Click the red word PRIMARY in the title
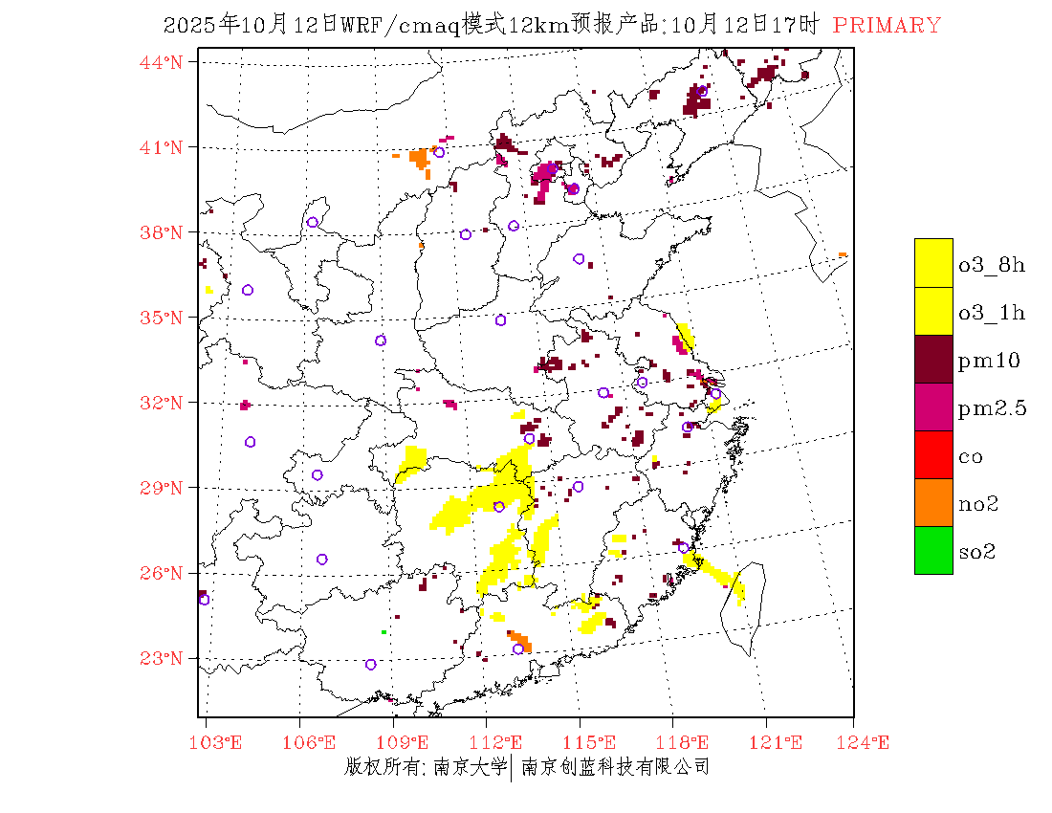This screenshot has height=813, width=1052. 887,26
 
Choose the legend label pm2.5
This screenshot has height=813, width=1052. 992,408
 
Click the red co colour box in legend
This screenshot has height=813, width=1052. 933,454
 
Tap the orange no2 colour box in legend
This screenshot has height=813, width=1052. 933,502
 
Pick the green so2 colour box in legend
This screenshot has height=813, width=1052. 933,550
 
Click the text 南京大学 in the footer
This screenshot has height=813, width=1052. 469,767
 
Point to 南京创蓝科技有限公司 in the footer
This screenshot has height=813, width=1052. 615,767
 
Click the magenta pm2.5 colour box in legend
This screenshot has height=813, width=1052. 933,406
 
